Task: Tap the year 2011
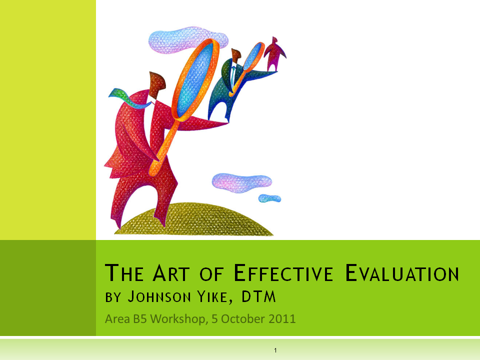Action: pyautogui.click(x=282, y=318)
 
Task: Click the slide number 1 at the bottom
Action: pyautogui.click(x=275, y=350)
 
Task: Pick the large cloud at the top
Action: pyautogui.click(x=187, y=37)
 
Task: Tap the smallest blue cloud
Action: pyautogui.click(x=269, y=198)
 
